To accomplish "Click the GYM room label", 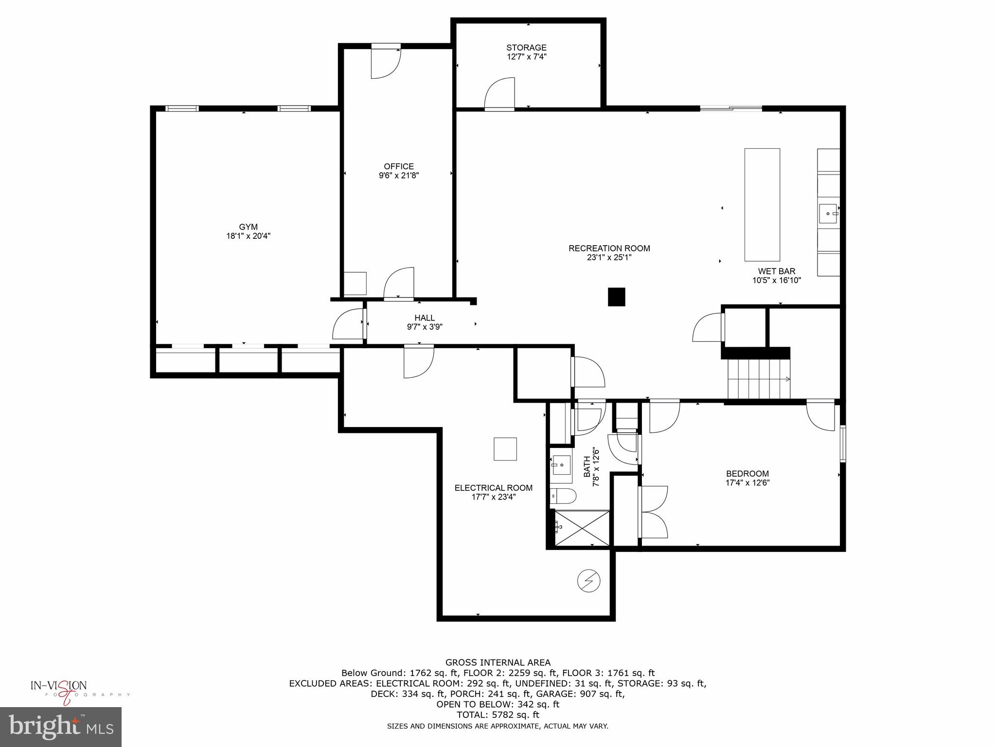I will (248, 227).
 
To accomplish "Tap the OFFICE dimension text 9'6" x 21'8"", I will (399, 176).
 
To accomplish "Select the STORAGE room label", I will (526, 48).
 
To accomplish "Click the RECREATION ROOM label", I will (609, 249).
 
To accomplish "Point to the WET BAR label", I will (776, 271).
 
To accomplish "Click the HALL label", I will (425, 318).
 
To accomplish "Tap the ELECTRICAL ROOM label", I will (493, 488).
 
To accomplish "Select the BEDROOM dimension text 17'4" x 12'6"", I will (747, 483).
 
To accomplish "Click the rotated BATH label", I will (587, 466).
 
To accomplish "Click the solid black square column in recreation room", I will (616, 297).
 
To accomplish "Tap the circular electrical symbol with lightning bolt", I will (588, 581).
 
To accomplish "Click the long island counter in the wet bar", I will (762, 205).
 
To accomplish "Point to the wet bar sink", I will (829, 213).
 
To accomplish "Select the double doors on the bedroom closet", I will (653, 512).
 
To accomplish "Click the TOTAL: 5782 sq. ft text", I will (498, 715).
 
